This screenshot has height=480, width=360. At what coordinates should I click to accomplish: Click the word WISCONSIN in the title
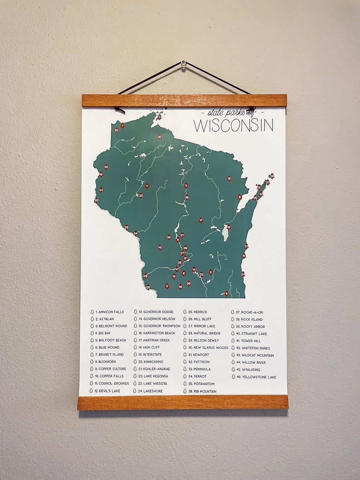tap(234, 125)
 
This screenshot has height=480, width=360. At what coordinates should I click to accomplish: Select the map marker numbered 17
tap(201, 220)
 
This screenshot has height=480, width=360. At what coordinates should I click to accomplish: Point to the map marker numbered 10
tap(160, 136)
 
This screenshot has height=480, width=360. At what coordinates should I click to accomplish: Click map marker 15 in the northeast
tap(229, 179)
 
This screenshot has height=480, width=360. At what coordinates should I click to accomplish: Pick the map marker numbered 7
tap(147, 186)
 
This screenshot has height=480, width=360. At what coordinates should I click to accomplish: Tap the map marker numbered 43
tap(160, 247)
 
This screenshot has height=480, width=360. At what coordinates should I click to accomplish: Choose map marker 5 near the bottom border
tap(226, 294)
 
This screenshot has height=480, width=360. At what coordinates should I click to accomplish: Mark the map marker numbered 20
tap(97, 200)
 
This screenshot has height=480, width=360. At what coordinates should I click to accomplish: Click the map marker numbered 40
tap(106, 167)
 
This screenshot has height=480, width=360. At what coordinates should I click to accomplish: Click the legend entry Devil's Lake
tap(107, 391)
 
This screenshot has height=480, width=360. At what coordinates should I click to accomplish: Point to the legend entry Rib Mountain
tap(202, 391)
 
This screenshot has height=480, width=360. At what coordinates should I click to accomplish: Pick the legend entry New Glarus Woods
tap(208, 348)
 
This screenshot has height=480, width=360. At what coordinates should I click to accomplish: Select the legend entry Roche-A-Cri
tap(252, 312)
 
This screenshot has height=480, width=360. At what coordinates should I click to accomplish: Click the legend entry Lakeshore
tap(152, 391)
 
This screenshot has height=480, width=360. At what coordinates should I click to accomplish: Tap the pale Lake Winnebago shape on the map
tap(225, 233)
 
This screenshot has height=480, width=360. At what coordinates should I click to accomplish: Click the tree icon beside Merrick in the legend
tap(185, 312)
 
